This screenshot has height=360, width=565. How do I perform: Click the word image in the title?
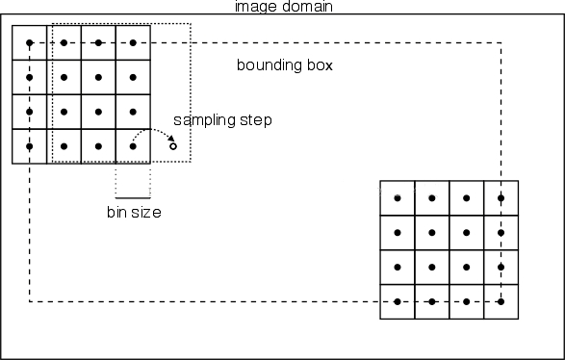click(253, 7)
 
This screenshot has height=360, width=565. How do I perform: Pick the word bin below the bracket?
click(116, 212)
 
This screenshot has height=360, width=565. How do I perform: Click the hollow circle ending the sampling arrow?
click(173, 146)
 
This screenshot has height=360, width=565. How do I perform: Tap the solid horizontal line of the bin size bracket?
click(133, 197)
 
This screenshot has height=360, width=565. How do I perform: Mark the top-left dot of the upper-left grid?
click(29, 42)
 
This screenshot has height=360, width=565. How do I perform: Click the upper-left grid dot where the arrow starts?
click(133, 146)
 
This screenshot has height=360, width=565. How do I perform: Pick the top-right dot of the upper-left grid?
click(133, 42)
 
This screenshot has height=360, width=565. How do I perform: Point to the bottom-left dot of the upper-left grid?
click(29, 146)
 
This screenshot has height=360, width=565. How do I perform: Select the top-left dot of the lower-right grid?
click(398, 198)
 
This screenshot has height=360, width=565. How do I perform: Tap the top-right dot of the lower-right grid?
click(501, 198)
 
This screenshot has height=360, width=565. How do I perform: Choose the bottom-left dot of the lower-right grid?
click(398, 301)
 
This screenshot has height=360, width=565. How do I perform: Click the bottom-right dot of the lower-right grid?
click(501, 301)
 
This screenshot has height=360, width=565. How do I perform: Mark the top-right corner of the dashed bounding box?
click(501, 42)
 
